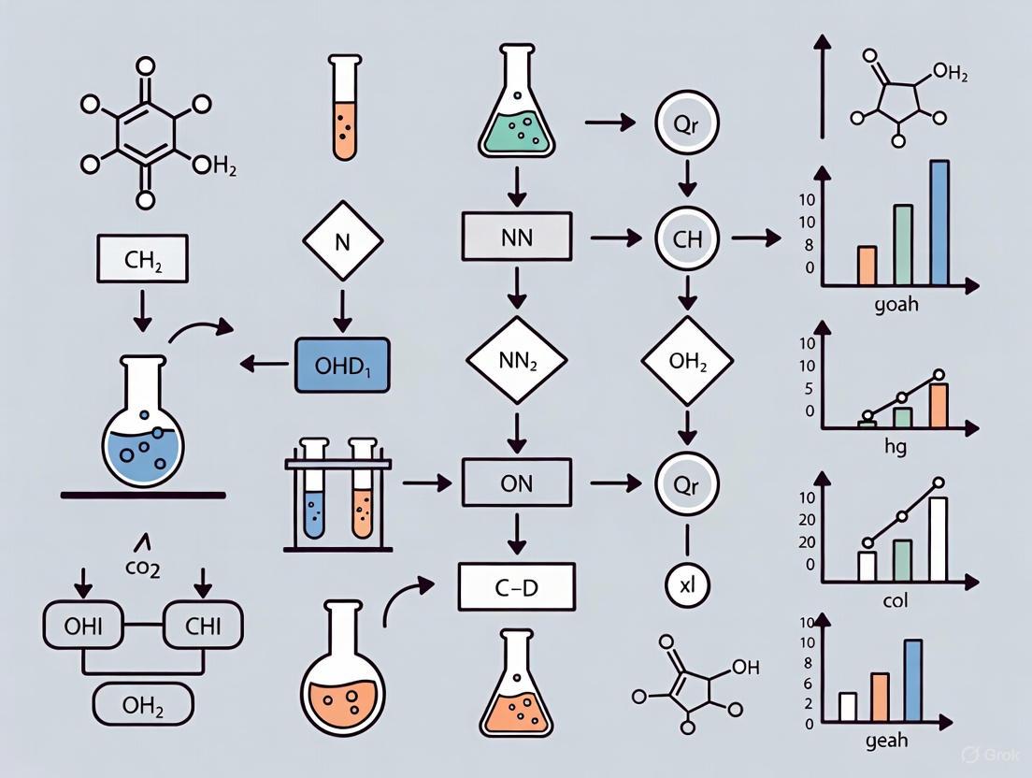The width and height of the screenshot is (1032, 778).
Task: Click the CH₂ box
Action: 143,259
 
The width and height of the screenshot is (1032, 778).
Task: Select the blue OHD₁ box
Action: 342,364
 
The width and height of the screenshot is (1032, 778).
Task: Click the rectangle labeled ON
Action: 516,483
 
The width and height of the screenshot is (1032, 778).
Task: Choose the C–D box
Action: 516,588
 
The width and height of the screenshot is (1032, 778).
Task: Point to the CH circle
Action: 687,238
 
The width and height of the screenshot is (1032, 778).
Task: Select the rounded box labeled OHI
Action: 82,625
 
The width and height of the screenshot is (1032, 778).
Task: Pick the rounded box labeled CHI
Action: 203,625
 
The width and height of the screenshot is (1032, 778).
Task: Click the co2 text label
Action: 141,568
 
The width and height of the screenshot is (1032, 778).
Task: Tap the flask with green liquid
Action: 515,108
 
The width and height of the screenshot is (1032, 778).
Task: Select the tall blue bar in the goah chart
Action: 939,223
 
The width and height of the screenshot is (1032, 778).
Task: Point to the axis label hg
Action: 895,446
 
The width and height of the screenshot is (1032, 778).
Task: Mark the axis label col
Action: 895,600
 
